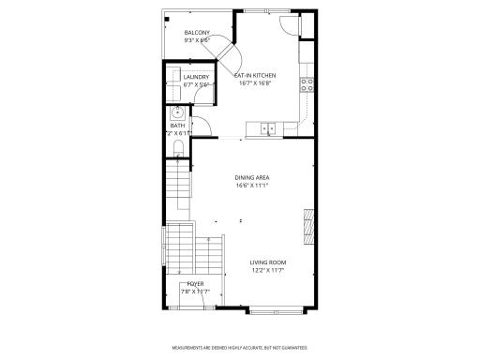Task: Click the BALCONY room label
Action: pos(196,33)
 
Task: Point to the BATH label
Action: pos(177,126)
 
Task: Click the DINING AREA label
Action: pos(252,177)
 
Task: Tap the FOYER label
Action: pos(195,282)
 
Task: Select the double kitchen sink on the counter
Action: pos(268,128)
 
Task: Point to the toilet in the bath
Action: pos(179,148)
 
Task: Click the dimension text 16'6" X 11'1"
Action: pos(252,186)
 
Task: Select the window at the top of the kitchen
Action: pos(266,13)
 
